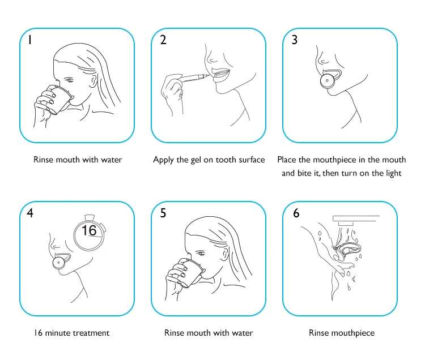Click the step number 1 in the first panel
pyautogui.click(x=30, y=40)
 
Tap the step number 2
pyautogui.click(x=163, y=40)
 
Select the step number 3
pyautogui.click(x=295, y=40)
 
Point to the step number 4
pyautogui.click(x=30, y=213)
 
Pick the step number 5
pyautogui.click(x=163, y=213)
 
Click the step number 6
pyautogui.click(x=296, y=213)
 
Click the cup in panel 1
pyautogui.click(x=60, y=100)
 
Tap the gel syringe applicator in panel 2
pyautogui.click(x=194, y=78)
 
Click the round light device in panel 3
pyautogui.click(x=328, y=81)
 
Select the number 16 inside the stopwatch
pyautogui.click(x=89, y=230)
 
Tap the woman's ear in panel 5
pyautogui.click(x=225, y=254)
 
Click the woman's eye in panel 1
pyautogui.click(x=69, y=80)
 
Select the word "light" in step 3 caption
pyautogui.click(x=394, y=173)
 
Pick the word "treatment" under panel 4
pyautogui.click(x=91, y=333)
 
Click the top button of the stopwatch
pyautogui.click(x=90, y=217)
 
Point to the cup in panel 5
pyautogui.click(x=190, y=273)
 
